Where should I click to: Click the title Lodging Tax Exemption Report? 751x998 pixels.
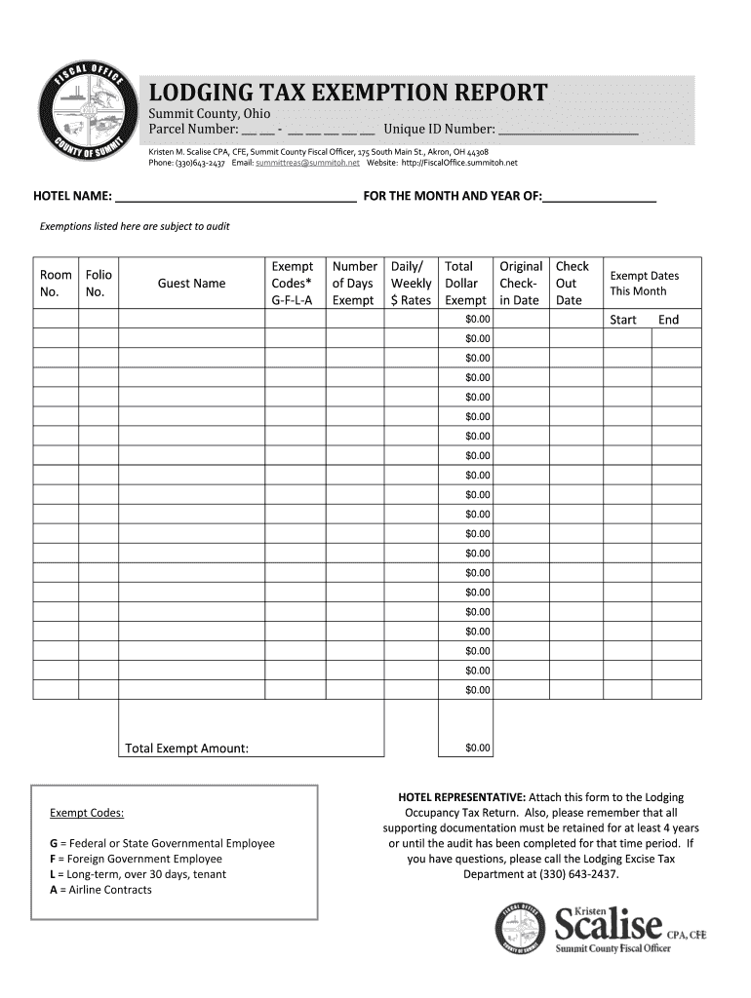pyautogui.click(x=347, y=94)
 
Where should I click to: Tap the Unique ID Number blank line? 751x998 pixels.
pyautogui.click(x=568, y=130)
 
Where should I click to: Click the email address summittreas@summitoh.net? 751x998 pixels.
pyautogui.click(x=307, y=163)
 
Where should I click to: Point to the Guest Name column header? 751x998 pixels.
pyautogui.click(x=191, y=284)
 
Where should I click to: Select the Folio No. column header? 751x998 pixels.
pyautogui.click(x=99, y=284)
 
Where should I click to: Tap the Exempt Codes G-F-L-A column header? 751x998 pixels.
pyautogui.click(x=293, y=284)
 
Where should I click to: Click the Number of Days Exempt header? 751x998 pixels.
pyautogui.click(x=354, y=284)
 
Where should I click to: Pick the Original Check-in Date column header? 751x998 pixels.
pyautogui.click(x=521, y=284)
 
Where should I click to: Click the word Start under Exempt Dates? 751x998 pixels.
pyautogui.click(x=622, y=320)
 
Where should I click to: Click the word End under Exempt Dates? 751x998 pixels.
pyautogui.click(x=668, y=320)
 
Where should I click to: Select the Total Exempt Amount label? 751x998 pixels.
pyautogui.click(x=186, y=748)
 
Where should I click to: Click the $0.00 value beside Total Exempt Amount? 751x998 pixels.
pyautogui.click(x=478, y=748)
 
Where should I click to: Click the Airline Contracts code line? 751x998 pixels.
pyautogui.click(x=100, y=890)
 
